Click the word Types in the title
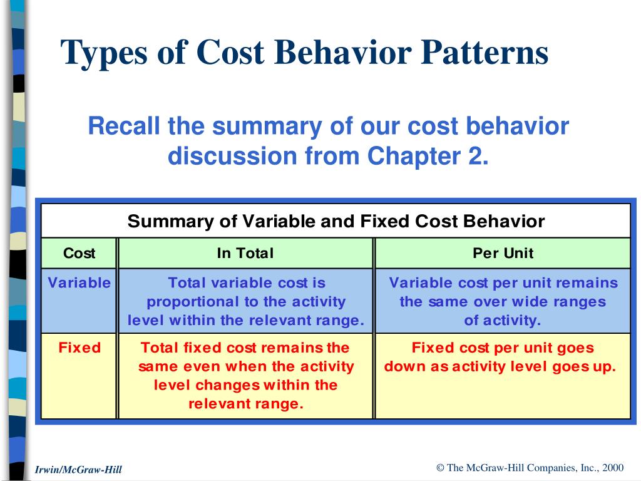102,53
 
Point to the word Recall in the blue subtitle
124,126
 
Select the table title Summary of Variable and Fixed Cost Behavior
336,221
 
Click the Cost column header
79,253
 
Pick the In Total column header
245,253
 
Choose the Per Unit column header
503,253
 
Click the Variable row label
79,282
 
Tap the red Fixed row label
79,348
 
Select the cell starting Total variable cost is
246,301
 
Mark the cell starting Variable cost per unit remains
503,301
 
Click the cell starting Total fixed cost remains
246,375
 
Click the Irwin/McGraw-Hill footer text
79,469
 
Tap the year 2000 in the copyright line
613,467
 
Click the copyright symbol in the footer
440,467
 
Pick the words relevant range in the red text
246,404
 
